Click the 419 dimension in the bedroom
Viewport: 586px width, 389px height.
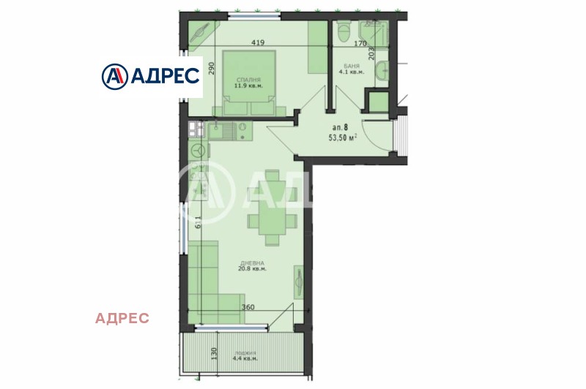tap(257, 43)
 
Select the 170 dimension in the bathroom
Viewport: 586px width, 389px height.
tap(360, 44)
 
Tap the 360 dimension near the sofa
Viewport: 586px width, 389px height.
tap(248, 308)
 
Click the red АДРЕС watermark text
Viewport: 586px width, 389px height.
tap(122, 318)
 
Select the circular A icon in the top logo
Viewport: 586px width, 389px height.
tap(116, 75)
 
